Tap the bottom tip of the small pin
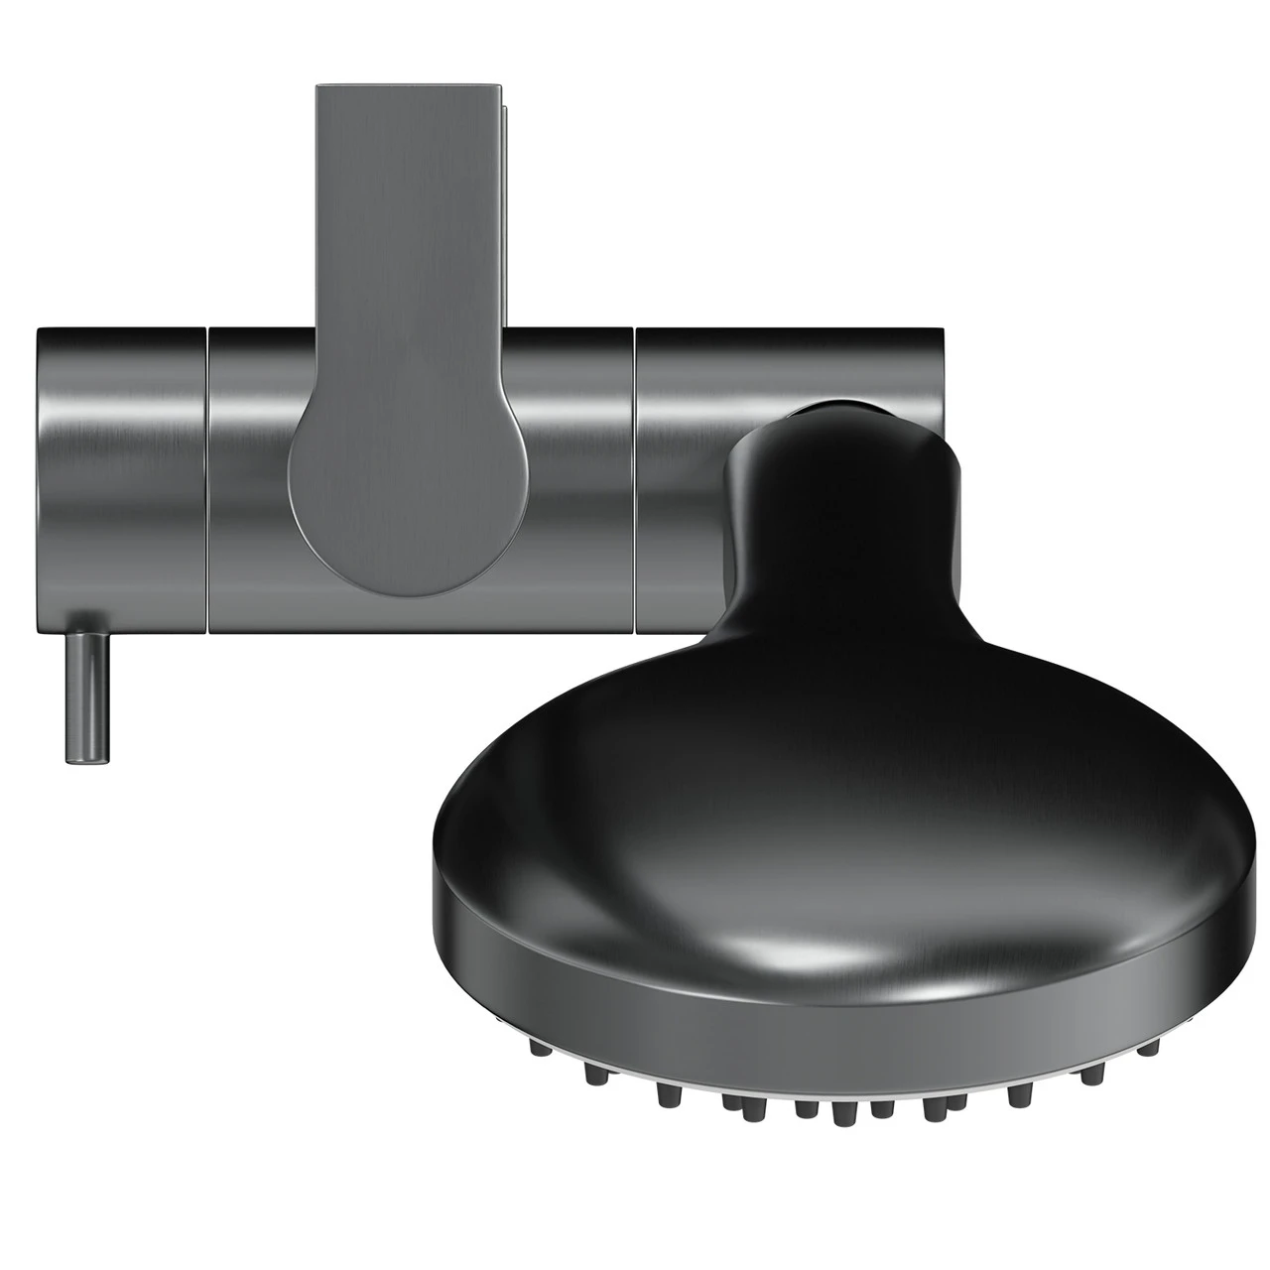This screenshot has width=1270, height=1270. pos(87,760)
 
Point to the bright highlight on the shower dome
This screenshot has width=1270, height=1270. pos(794,933)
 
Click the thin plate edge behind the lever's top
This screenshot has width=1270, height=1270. pos(507,198)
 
